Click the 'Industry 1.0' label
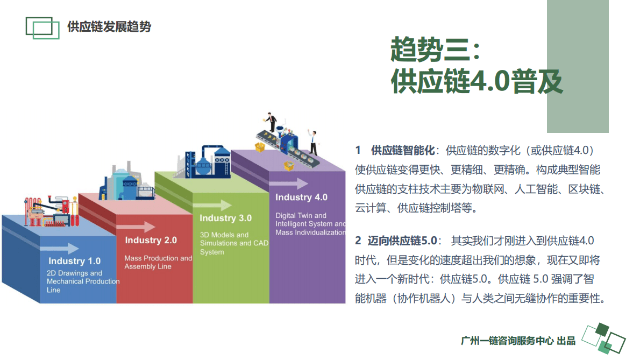click(x=74, y=261)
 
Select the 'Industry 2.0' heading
click(x=151, y=240)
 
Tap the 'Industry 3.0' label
click(x=225, y=218)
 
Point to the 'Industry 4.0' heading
click(x=301, y=197)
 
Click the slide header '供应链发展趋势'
click(x=109, y=27)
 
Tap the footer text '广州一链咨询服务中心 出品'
click(x=518, y=341)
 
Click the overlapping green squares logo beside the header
click(x=42, y=27)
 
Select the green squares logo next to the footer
click(x=603, y=338)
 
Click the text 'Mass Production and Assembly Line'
click(x=158, y=262)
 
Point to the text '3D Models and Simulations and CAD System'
click(x=233, y=243)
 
